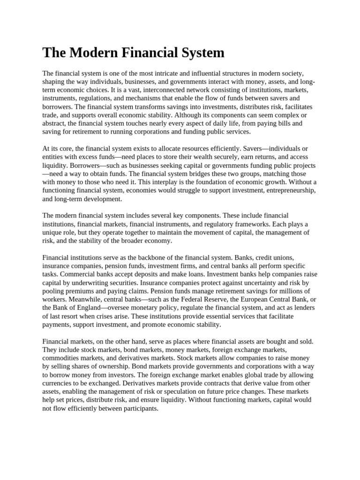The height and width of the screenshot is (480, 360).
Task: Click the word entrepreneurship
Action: (x=286, y=190)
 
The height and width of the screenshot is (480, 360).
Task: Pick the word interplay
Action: (x=176, y=182)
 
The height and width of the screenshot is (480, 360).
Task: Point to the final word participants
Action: (x=140, y=408)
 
